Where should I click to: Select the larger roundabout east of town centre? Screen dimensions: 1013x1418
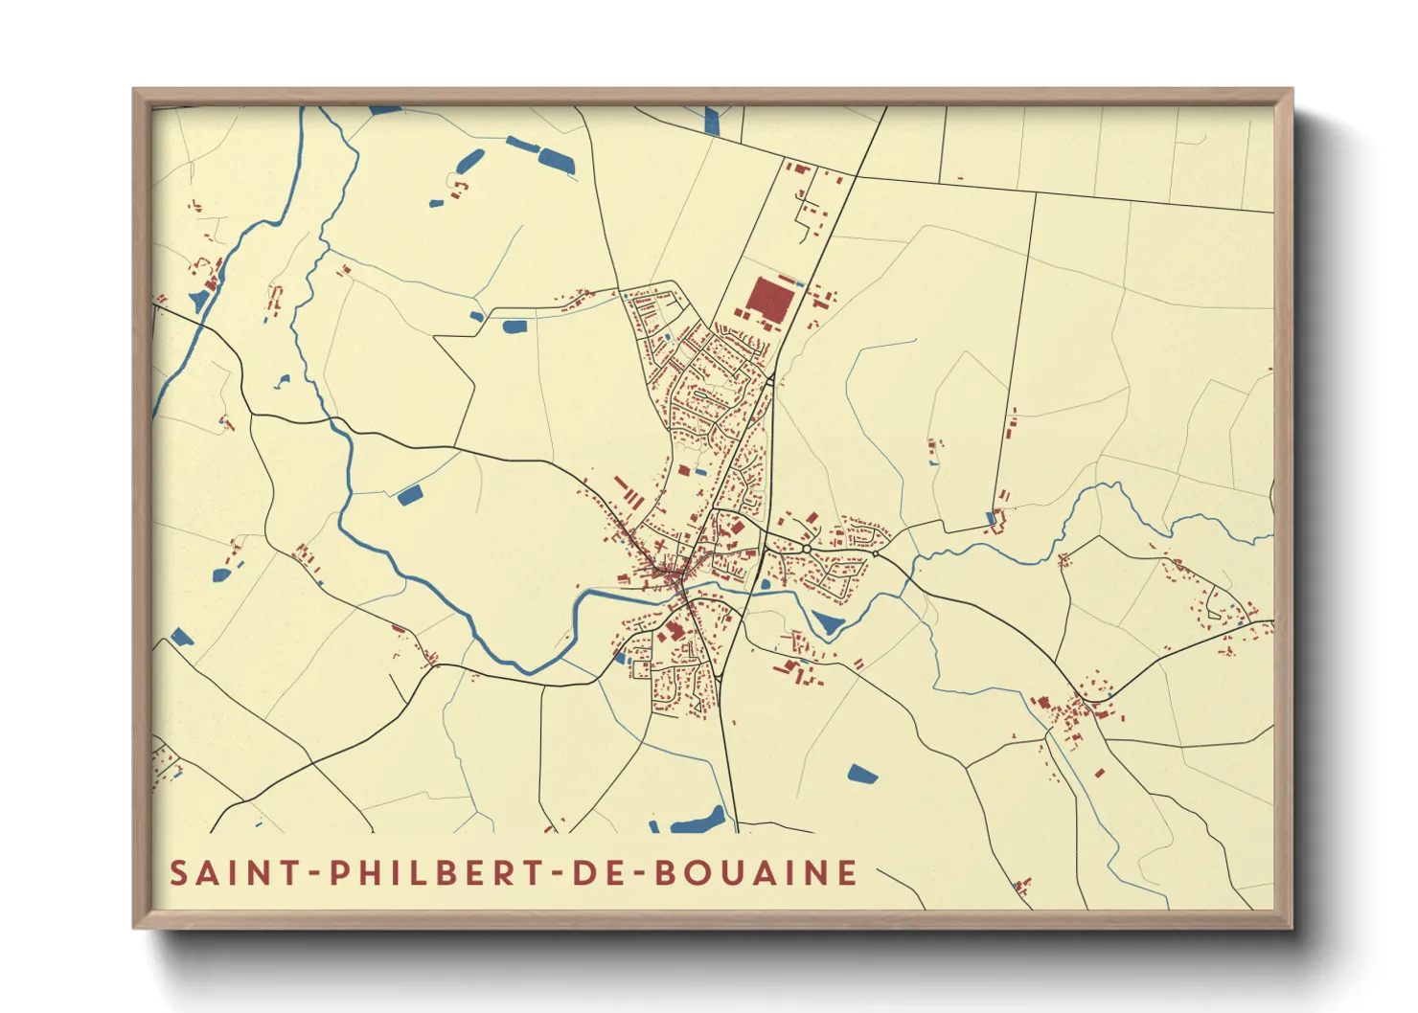[808, 549]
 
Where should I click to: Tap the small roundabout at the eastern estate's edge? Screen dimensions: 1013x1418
[876, 552]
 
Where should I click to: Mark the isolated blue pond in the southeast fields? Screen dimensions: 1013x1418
[862, 774]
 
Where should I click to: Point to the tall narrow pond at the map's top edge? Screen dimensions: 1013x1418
[712, 121]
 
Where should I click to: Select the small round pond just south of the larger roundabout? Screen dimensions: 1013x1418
[765, 583]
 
